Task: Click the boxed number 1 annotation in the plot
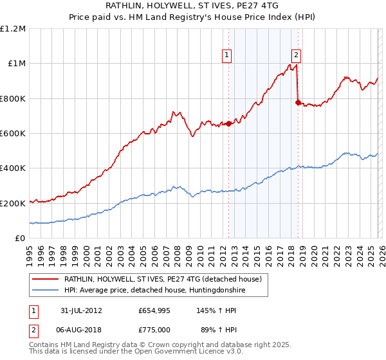(228, 56)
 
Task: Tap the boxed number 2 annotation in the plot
(296, 56)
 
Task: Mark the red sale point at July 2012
(228, 124)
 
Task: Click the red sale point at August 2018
(297, 103)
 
